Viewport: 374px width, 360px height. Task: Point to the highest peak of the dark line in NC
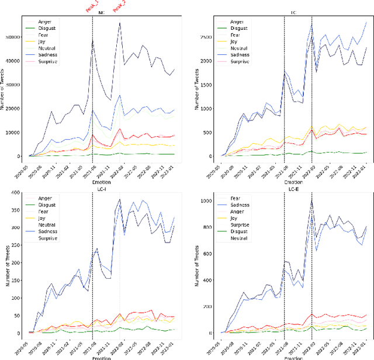120,23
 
